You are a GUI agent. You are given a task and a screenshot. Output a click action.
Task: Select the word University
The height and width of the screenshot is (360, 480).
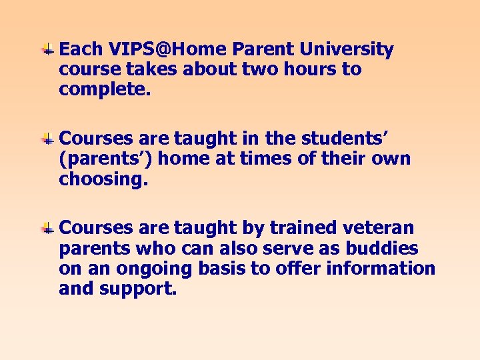[347, 49]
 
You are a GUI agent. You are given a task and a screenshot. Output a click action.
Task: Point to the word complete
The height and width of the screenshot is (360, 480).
[105, 90]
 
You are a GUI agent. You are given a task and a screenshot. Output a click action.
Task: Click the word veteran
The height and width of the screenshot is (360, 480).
[382, 228]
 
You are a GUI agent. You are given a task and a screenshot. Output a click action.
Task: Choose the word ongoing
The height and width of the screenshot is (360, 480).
[142, 269]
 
